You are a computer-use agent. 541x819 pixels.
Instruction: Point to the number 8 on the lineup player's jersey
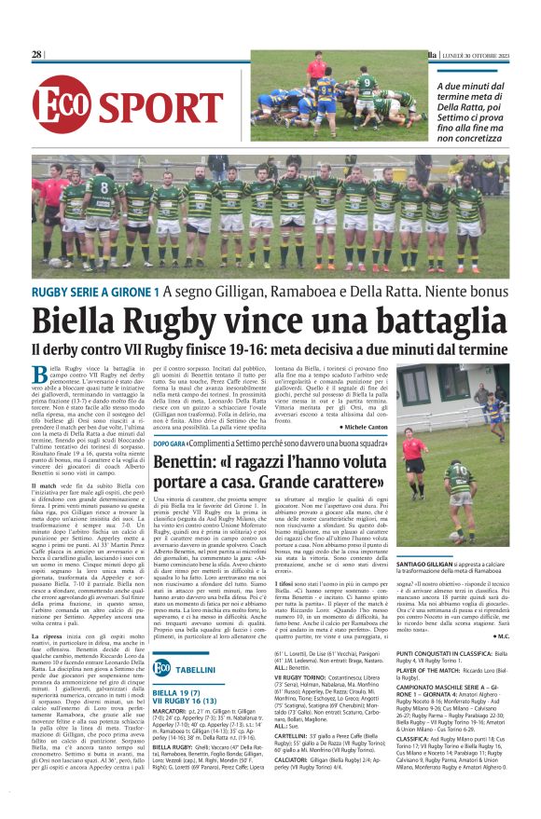[96, 176]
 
